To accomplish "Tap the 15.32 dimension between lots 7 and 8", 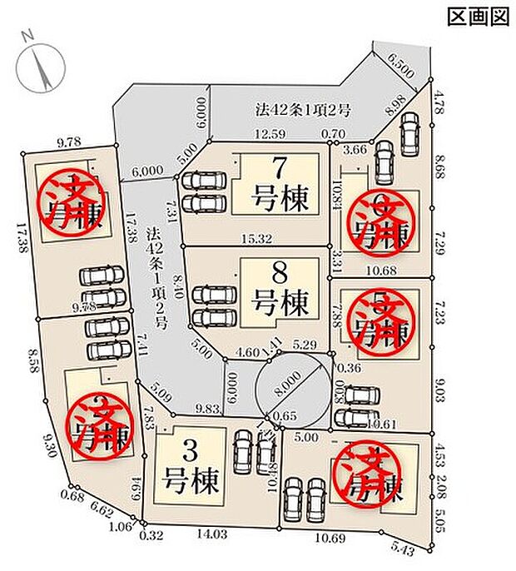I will (258, 239).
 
